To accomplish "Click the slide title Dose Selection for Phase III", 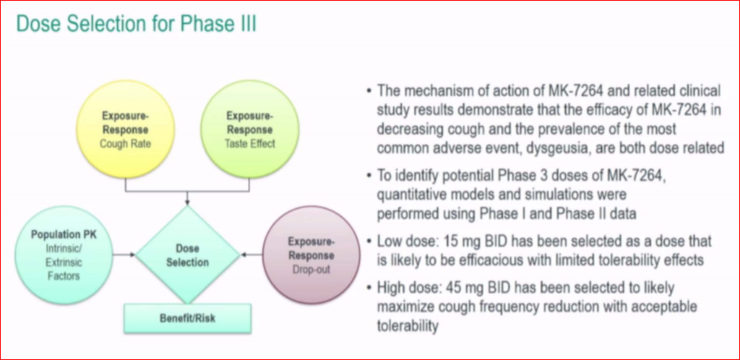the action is pos(137,24).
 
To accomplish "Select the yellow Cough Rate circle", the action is pos(125,129).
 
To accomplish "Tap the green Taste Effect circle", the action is pos(249,129).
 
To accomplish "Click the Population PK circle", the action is pos(64,254).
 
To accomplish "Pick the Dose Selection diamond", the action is pos(187,254).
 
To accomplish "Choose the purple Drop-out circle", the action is pos(311,254).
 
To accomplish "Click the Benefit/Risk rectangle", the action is pos(187,317).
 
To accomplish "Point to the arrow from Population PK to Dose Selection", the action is pos(124,254).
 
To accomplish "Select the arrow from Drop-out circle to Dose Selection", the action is pos(251,254).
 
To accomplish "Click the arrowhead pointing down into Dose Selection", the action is pos(187,202).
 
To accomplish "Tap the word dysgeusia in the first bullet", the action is pos(493,147).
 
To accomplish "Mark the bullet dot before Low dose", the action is pos(369,242).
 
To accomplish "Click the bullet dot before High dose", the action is pos(369,288).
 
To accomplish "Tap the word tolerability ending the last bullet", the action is pos(408,326).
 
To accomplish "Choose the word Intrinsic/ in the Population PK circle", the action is pos(64,248).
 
